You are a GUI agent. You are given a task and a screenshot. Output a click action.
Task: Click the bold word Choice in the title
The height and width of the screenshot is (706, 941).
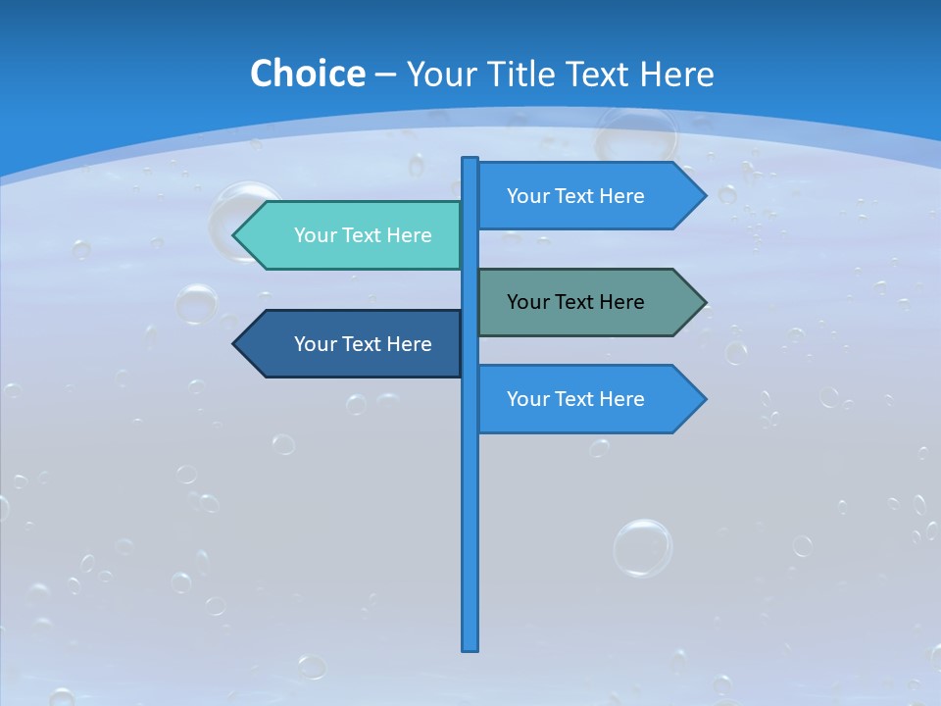click(307, 74)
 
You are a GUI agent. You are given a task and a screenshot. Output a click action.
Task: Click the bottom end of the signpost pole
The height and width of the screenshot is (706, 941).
click(470, 647)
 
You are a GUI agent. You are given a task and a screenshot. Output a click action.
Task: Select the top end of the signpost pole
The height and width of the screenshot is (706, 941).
click(470, 161)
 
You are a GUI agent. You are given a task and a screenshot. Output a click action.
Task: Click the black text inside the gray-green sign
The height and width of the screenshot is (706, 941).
click(575, 302)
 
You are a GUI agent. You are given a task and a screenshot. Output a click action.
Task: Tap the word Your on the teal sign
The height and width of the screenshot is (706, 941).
click(315, 235)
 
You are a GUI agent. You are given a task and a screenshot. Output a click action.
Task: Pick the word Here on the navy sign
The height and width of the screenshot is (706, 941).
click(409, 344)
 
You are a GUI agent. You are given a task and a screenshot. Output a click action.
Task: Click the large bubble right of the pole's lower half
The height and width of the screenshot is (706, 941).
click(643, 547)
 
